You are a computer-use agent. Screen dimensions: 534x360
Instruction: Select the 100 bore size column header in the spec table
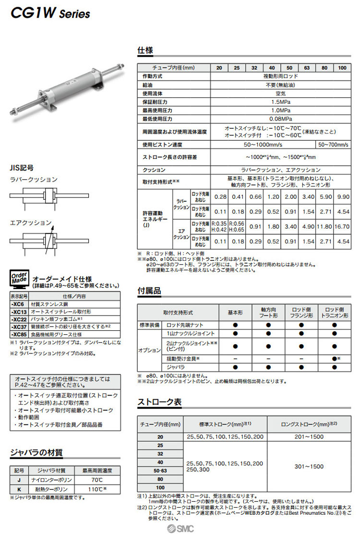pyautogui.click(x=342, y=68)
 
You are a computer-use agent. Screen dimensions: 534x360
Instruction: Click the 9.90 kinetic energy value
pyautogui.click(x=342, y=197)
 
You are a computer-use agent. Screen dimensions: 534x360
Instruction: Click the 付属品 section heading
pyautogui.click(x=149, y=291)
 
